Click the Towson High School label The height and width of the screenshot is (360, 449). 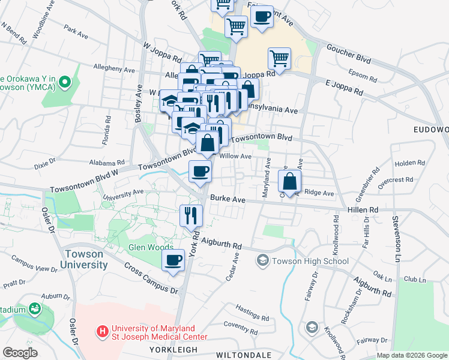(310, 261)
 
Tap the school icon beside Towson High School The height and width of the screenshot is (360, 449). (262, 260)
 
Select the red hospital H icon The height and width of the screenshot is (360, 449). (103, 331)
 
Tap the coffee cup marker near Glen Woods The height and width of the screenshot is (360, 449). (173, 260)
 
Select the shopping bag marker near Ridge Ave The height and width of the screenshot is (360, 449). (289, 181)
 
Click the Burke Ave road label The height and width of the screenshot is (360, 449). (228, 199)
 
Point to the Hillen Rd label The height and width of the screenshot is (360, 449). (364, 209)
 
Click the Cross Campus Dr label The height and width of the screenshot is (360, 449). (152, 278)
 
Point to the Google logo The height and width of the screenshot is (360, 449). (20, 353)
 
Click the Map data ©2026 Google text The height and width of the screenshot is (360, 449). (411, 355)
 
